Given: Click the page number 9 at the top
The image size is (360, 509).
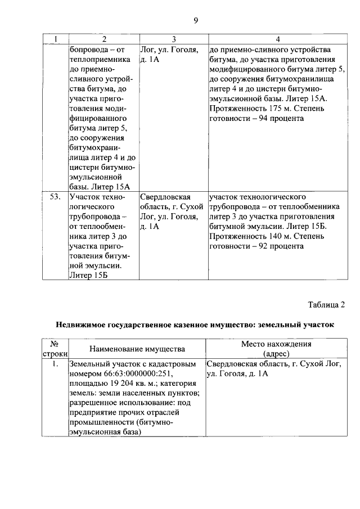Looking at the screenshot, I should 195,21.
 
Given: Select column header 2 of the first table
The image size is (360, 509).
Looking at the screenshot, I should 104,39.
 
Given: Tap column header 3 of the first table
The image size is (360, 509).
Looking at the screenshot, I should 174,39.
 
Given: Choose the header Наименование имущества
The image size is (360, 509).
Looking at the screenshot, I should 137,349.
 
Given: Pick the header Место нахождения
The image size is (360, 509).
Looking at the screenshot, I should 276,344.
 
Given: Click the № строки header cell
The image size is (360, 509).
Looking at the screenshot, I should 55,349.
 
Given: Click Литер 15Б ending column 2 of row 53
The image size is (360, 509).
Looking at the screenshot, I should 88,275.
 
